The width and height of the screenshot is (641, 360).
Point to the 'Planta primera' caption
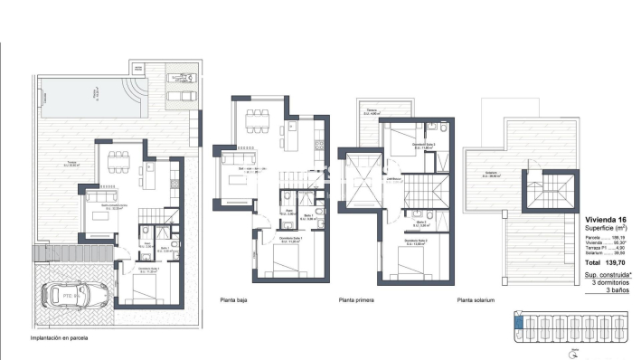point(358,300)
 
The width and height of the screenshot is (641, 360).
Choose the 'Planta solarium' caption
point(476,300)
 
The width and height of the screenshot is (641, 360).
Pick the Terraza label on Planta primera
point(371,112)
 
